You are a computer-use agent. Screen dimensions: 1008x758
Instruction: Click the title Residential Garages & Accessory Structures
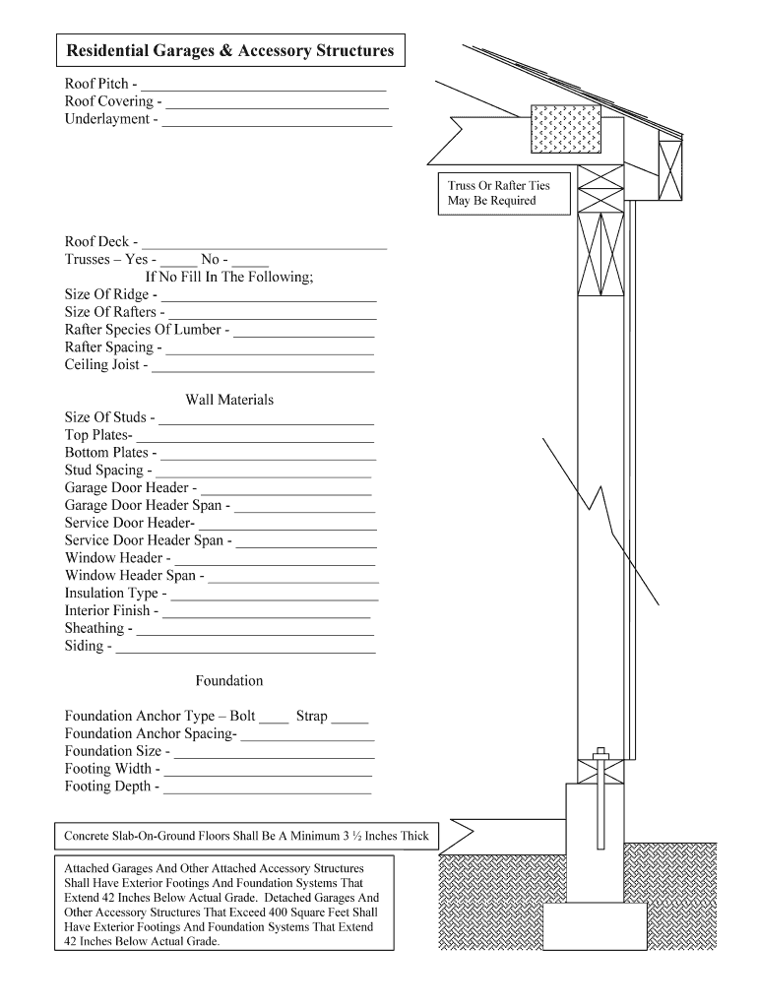point(229,50)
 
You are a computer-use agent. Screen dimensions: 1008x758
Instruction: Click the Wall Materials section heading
point(229,400)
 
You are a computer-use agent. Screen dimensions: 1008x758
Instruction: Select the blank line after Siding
point(246,651)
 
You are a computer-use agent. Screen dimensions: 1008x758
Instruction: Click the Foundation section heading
point(229,680)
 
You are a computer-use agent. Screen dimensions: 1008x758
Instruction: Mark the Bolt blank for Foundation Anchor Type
point(274,721)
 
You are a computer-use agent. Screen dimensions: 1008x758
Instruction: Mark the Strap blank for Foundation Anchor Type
point(350,721)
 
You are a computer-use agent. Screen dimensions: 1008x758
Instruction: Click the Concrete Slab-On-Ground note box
point(247,837)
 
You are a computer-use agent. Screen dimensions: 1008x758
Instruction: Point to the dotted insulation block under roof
point(565,129)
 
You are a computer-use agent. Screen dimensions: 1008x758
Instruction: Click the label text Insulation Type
point(111,593)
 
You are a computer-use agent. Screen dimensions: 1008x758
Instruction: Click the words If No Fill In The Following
point(229,277)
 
